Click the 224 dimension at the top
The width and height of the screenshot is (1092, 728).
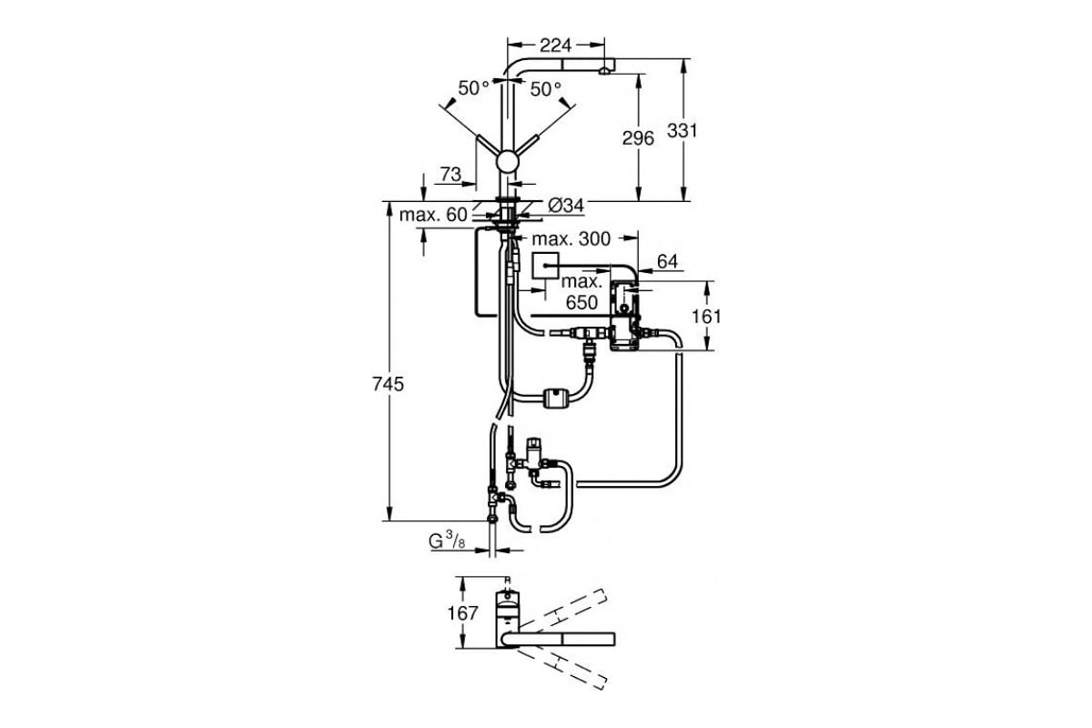click(555, 45)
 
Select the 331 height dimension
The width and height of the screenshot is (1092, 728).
click(682, 131)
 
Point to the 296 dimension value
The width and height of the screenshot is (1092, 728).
click(638, 138)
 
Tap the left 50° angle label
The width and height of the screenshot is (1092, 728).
click(473, 88)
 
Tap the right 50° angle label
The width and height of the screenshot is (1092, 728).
click(545, 89)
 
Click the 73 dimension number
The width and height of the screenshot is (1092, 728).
click(451, 174)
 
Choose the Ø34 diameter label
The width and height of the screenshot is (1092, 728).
click(565, 206)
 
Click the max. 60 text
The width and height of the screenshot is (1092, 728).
click(433, 215)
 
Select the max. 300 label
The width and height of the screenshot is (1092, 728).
click(571, 239)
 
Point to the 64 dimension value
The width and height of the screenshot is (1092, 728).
click(667, 262)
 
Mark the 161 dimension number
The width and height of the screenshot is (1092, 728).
click(706, 317)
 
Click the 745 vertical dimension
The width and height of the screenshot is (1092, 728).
click(388, 385)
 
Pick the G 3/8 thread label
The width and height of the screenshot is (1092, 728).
click(447, 541)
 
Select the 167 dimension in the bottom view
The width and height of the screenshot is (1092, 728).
click(462, 613)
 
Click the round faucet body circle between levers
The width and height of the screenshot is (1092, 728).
click(507, 161)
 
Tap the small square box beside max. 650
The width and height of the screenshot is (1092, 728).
click(544, 266)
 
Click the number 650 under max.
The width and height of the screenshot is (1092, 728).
click(581, 303)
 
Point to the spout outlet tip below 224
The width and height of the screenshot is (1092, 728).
click(604, 72)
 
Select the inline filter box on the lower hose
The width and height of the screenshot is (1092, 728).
click(556, 398)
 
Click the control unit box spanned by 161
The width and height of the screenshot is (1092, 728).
click(624, 316)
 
